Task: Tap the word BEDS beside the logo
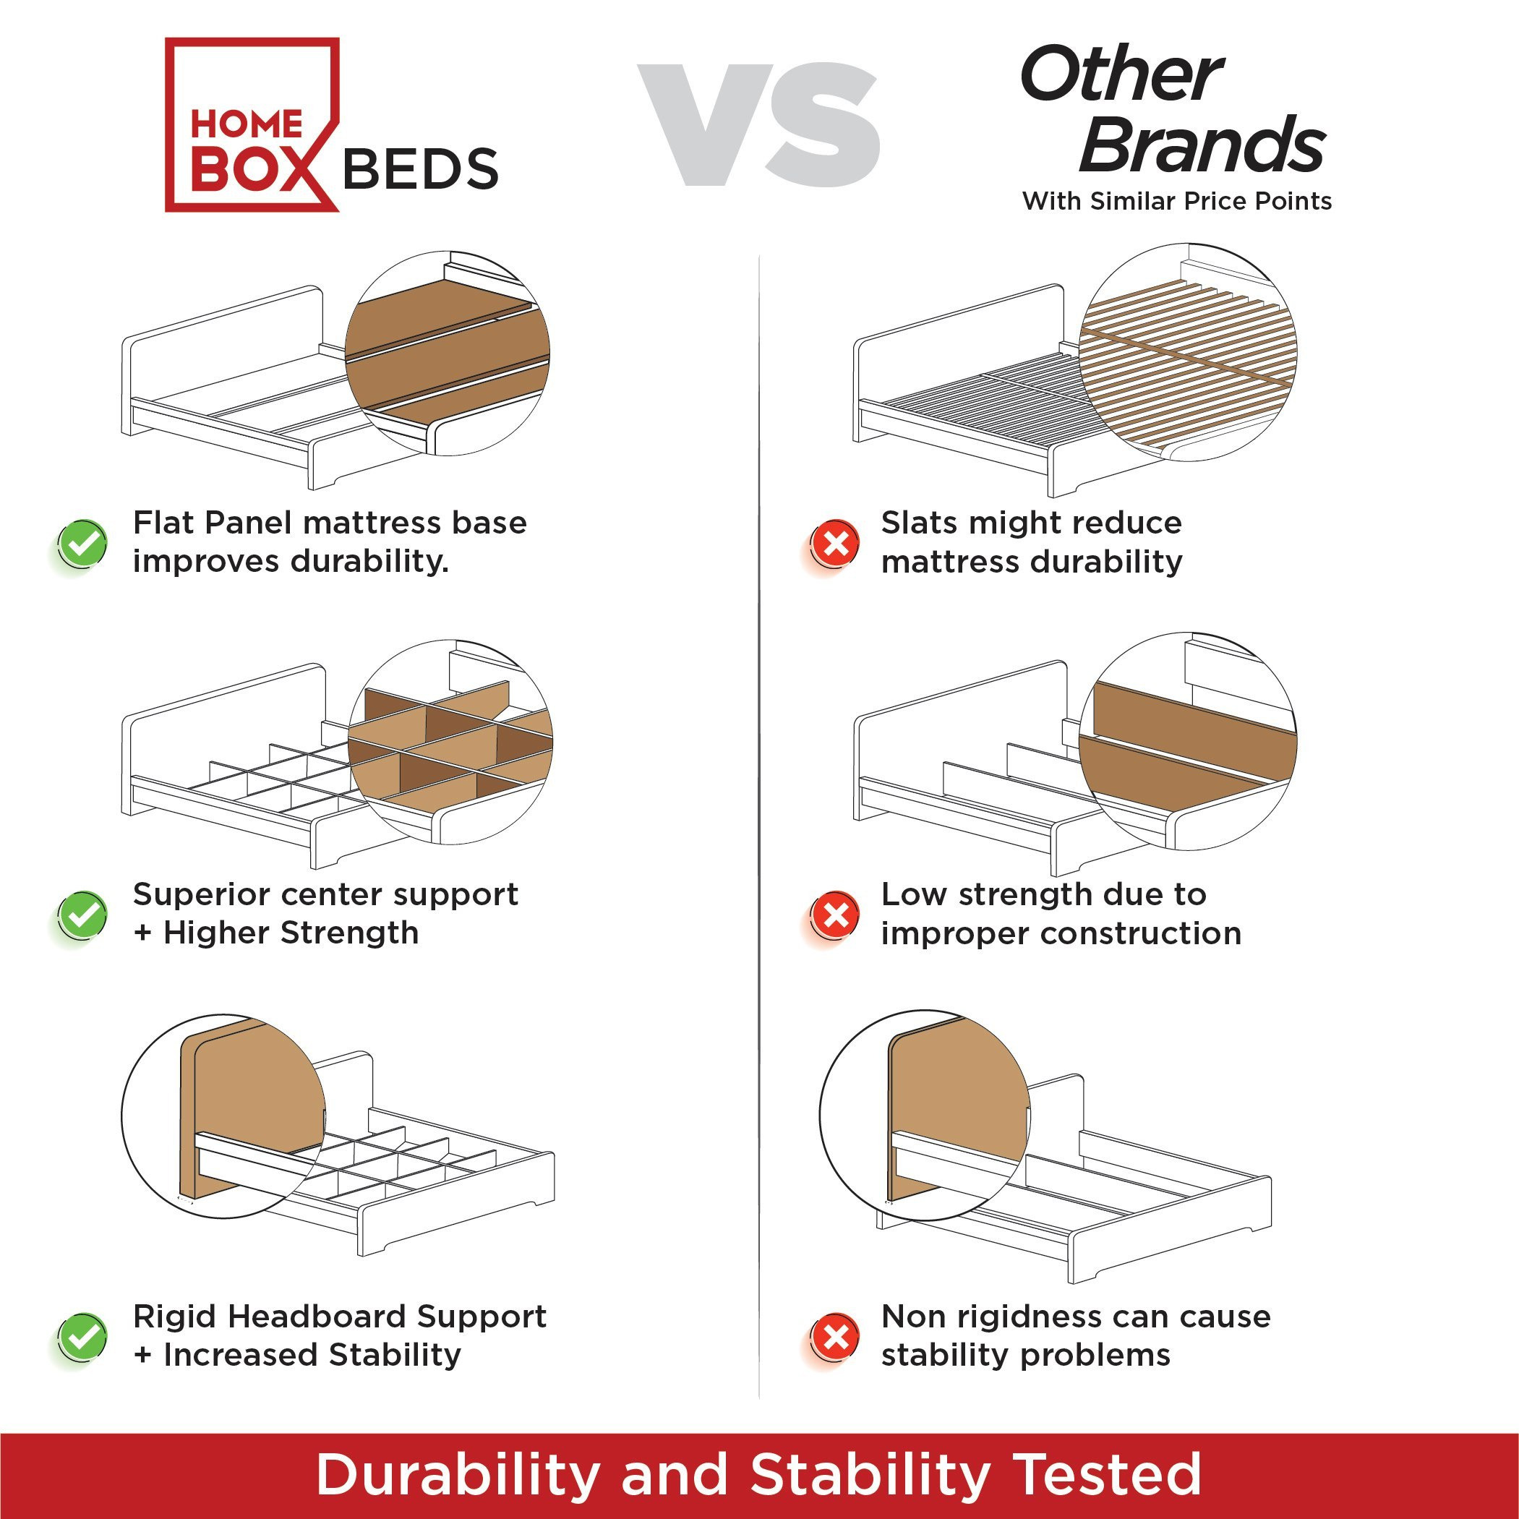[421, 170]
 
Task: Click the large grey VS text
[758, 125]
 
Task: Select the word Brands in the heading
[1203, 145]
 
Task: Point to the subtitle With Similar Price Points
[1177, 201]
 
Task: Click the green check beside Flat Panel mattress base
[82, 543]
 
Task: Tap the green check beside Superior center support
[82, 915]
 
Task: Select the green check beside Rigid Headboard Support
[82, 1337]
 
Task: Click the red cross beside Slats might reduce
[835, 543]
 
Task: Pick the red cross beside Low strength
[835, 915]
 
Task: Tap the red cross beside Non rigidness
[835, 1337]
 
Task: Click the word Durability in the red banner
[458, 1474]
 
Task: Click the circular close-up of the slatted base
[1188, 352]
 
